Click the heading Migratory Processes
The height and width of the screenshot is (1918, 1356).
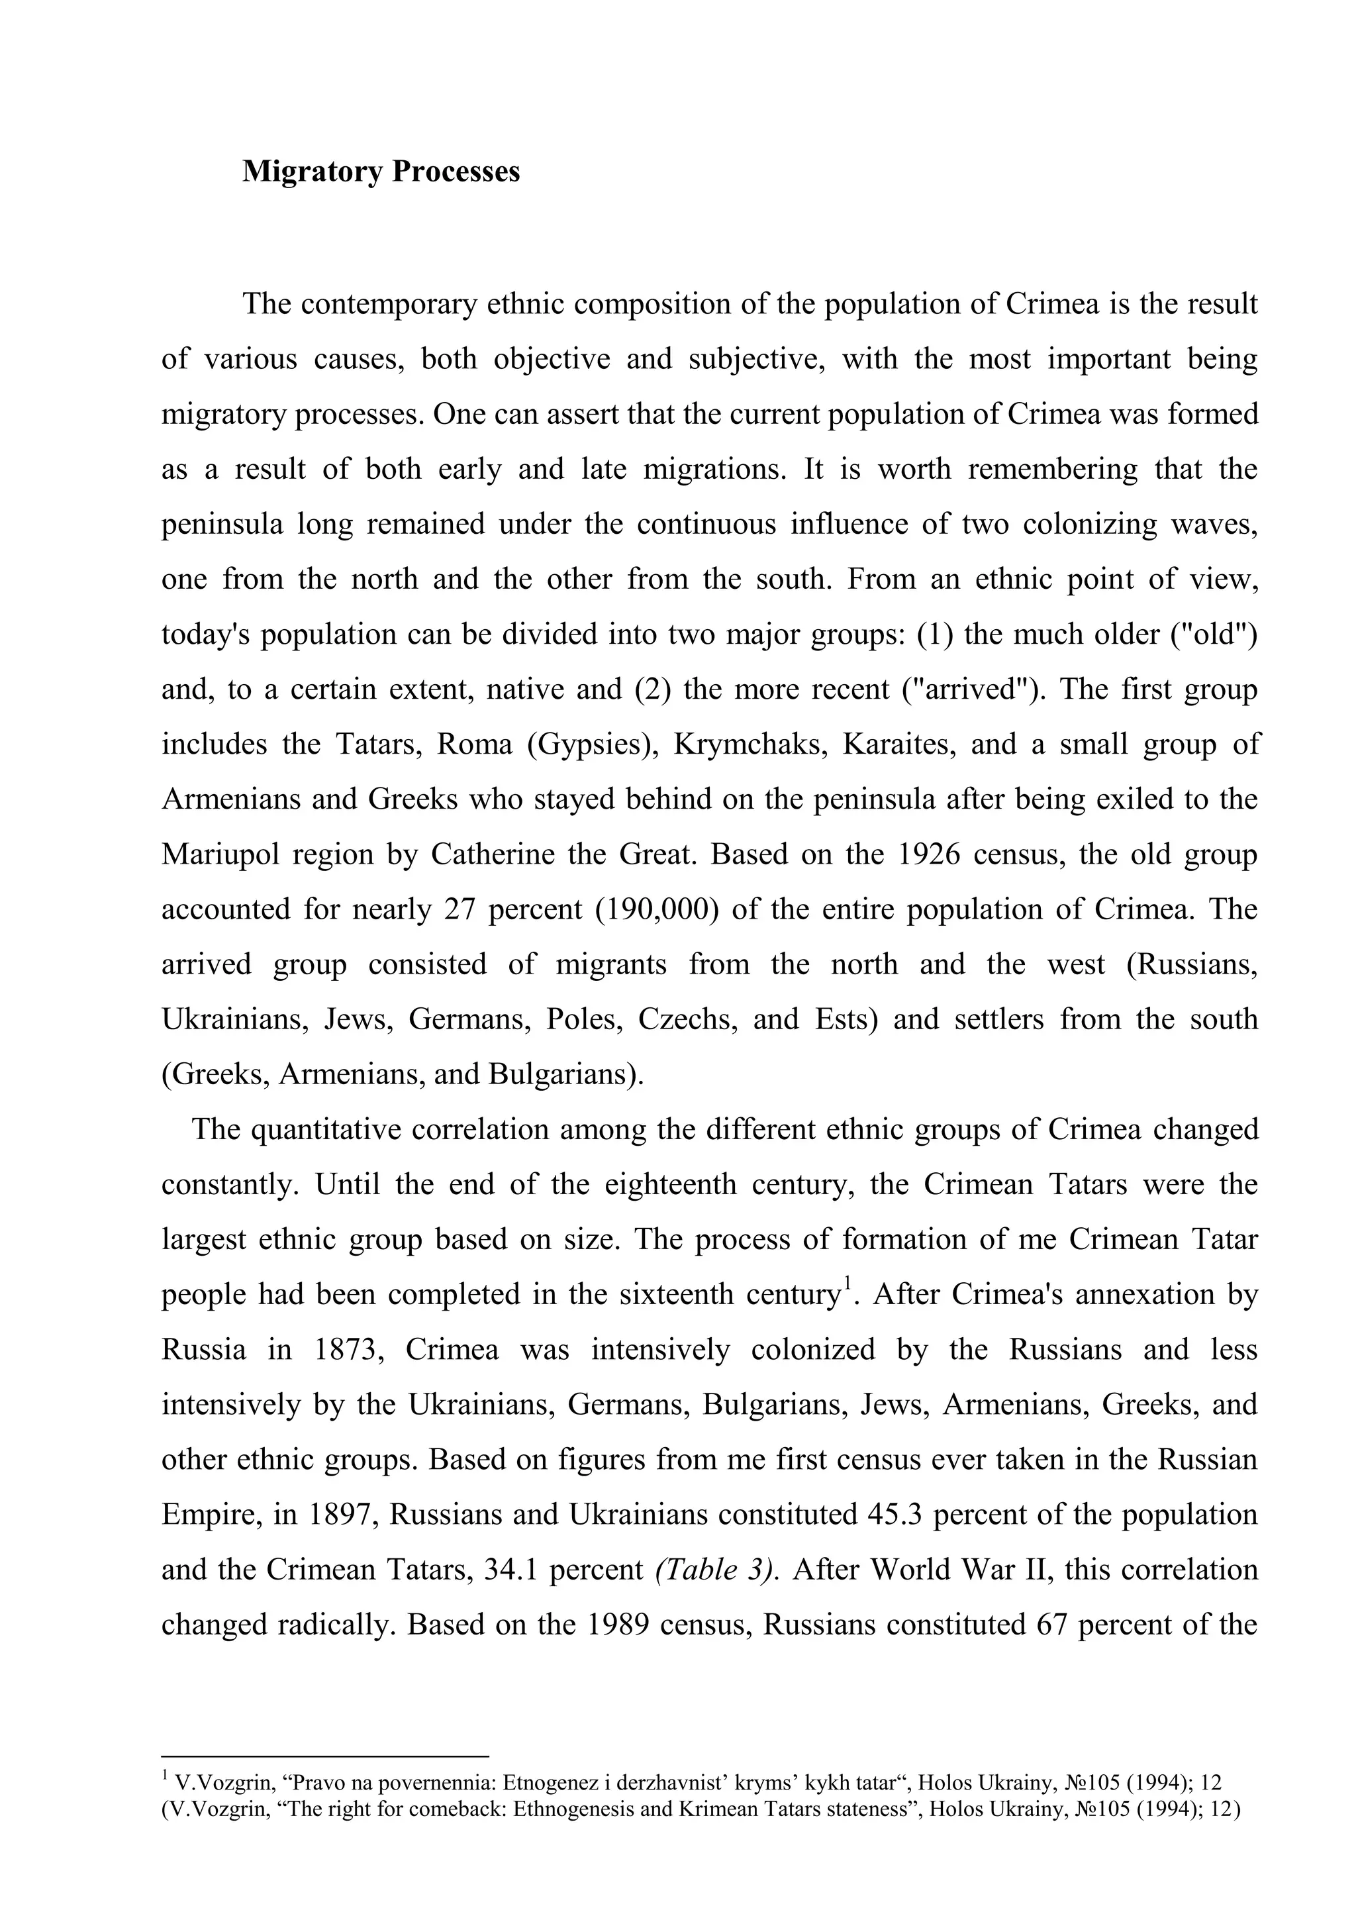381,172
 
